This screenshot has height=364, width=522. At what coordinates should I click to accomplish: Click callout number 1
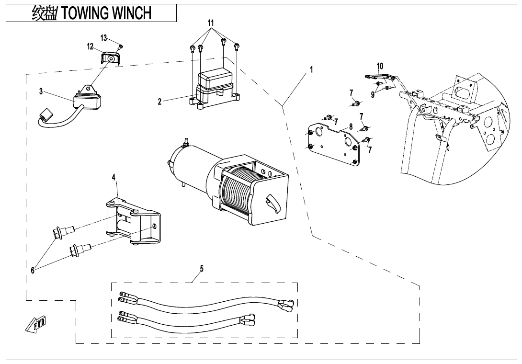point(311,69)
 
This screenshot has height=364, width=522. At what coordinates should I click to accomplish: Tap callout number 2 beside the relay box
point(160,101)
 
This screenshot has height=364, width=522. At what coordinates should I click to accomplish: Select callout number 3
point(41,91)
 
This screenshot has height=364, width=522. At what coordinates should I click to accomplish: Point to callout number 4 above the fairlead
point(113,177)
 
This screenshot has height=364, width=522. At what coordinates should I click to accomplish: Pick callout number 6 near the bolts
point(33,271)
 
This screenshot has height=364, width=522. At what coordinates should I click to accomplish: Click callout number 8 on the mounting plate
point(351,127)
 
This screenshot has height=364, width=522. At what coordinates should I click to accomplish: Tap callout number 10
point(380,66)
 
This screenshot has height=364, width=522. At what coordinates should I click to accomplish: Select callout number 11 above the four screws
point(211,23)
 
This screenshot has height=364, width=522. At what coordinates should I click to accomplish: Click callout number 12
point(90,46)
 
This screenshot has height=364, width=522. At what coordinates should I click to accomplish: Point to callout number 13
point(103,38)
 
